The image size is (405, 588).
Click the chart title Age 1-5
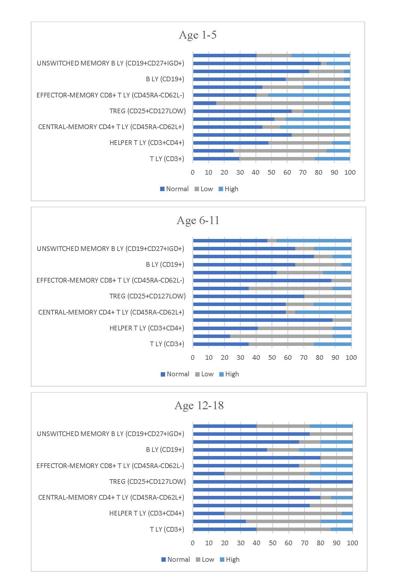click(198, 35)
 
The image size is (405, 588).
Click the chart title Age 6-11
click(198, 220)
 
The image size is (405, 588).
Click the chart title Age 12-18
click(199, 405)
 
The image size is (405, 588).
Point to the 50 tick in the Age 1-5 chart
click(271, 172)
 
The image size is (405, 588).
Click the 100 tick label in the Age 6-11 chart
click(351, 358)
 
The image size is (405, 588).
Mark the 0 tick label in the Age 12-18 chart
click(193, 543)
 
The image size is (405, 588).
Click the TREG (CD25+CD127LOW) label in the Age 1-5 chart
click(147, 111)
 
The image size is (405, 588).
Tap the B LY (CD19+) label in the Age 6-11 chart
click(165, 265)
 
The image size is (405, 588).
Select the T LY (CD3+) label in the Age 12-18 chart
click(167, 529)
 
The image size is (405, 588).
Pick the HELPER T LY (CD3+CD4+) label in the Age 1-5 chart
click(147, 143)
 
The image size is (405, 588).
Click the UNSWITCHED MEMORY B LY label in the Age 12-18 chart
click(110, 434)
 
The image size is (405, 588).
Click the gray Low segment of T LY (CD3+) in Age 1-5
click(277, 159)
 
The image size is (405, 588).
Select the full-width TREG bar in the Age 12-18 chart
click(273, 482)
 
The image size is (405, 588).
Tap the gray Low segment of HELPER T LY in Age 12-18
click(283, 513)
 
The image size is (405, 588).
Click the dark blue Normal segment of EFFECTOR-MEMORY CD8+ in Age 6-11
click(262, 280)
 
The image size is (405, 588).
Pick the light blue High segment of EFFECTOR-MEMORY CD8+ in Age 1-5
click(309, 95)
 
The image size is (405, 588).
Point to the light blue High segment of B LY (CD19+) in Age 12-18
click(326, 450)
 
